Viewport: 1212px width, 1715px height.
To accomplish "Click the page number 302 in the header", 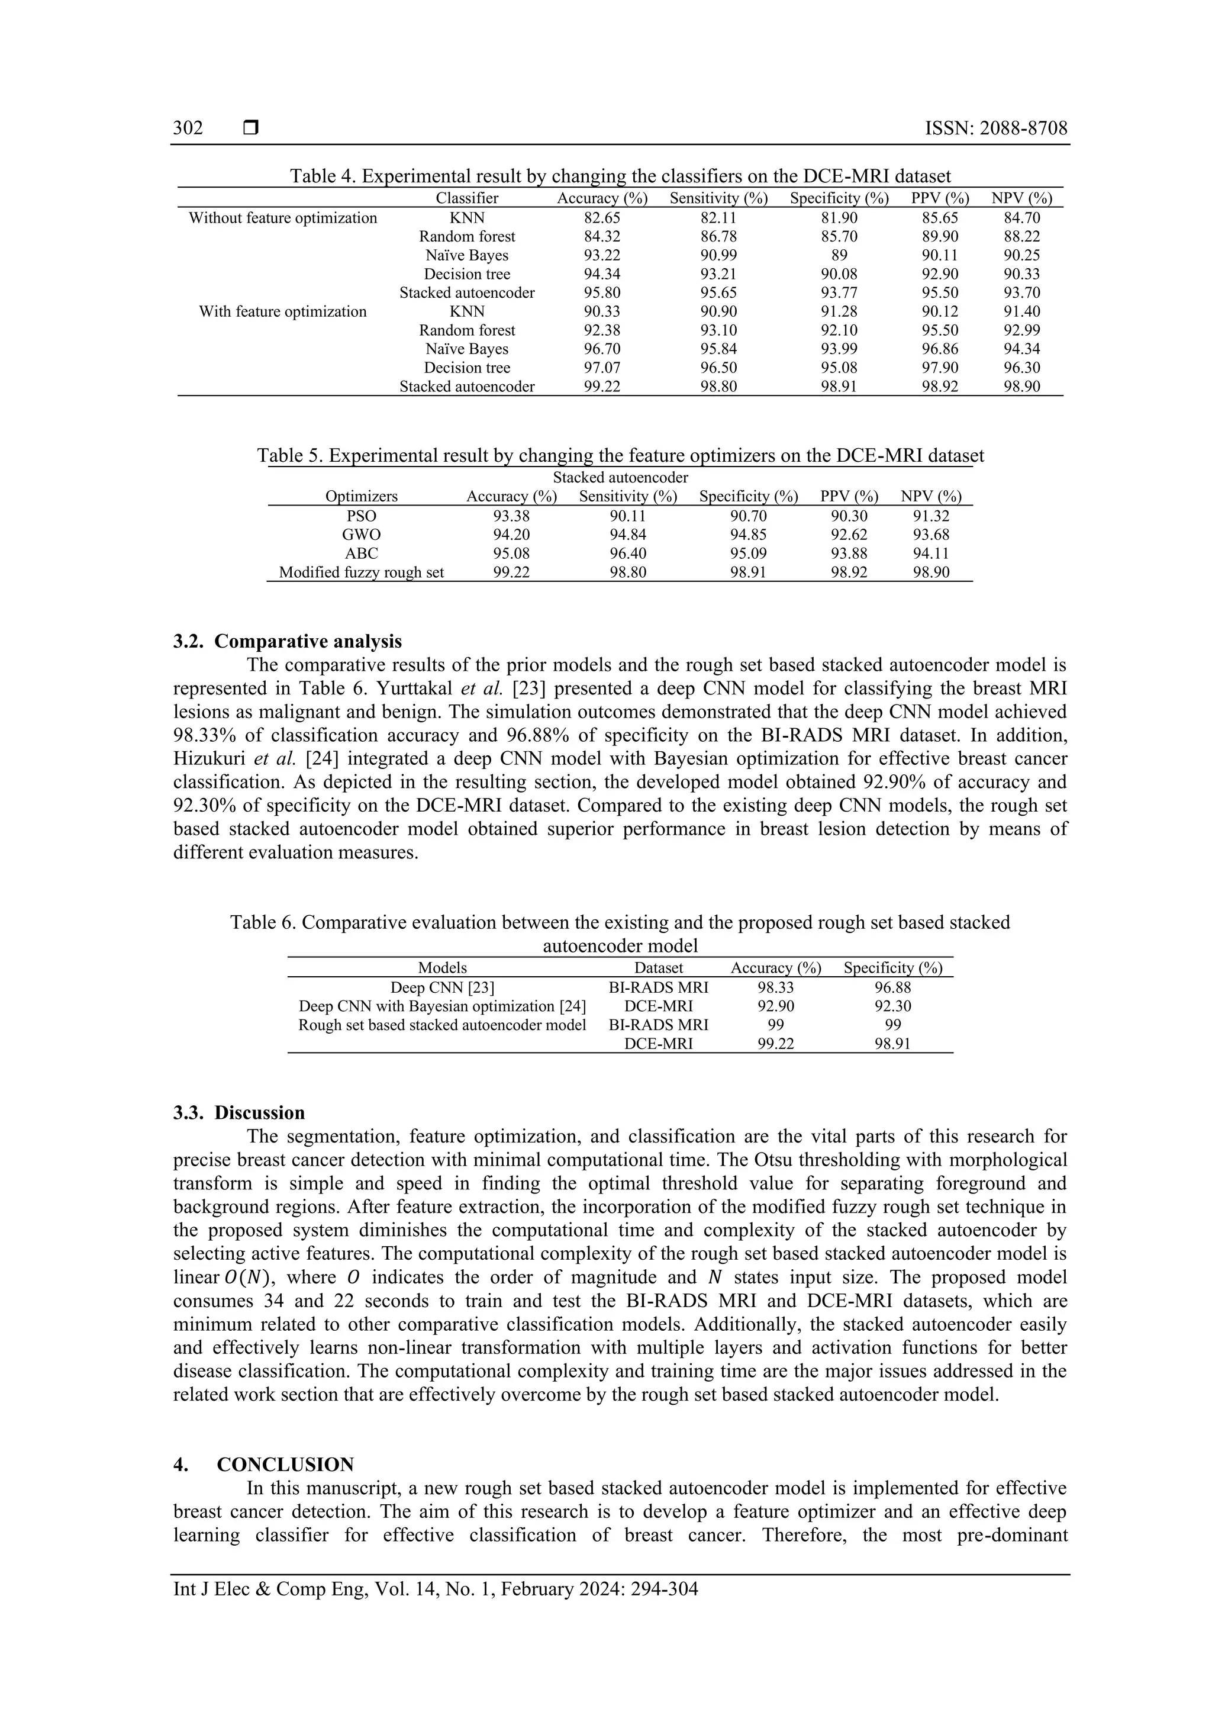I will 188,128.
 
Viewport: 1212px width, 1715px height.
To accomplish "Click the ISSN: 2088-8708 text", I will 995,128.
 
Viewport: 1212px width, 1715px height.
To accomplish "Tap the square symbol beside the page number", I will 251,128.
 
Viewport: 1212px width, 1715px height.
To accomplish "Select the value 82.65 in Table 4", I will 602,218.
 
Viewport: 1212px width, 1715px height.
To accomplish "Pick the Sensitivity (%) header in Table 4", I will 718,199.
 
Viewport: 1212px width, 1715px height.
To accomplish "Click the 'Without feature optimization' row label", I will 282,218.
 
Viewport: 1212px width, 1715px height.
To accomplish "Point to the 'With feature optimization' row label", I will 282,311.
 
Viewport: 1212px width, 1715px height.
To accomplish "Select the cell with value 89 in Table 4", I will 839,256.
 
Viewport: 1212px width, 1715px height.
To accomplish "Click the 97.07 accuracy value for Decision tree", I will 602,368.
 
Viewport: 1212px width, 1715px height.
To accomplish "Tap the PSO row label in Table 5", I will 362,516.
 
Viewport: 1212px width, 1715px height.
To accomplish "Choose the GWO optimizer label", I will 362,535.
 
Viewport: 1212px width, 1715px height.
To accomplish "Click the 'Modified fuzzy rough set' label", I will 362,573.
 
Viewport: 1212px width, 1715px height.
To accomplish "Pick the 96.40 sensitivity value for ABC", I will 628,554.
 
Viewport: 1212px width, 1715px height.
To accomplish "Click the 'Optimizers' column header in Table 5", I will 362,497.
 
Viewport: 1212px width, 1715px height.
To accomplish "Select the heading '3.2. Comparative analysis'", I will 288,642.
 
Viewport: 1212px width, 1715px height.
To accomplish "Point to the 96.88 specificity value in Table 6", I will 892,987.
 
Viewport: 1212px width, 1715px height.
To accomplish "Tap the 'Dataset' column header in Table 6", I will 658,968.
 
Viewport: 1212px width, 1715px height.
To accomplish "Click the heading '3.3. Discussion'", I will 239,1113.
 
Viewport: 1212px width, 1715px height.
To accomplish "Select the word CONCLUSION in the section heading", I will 285,1464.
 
